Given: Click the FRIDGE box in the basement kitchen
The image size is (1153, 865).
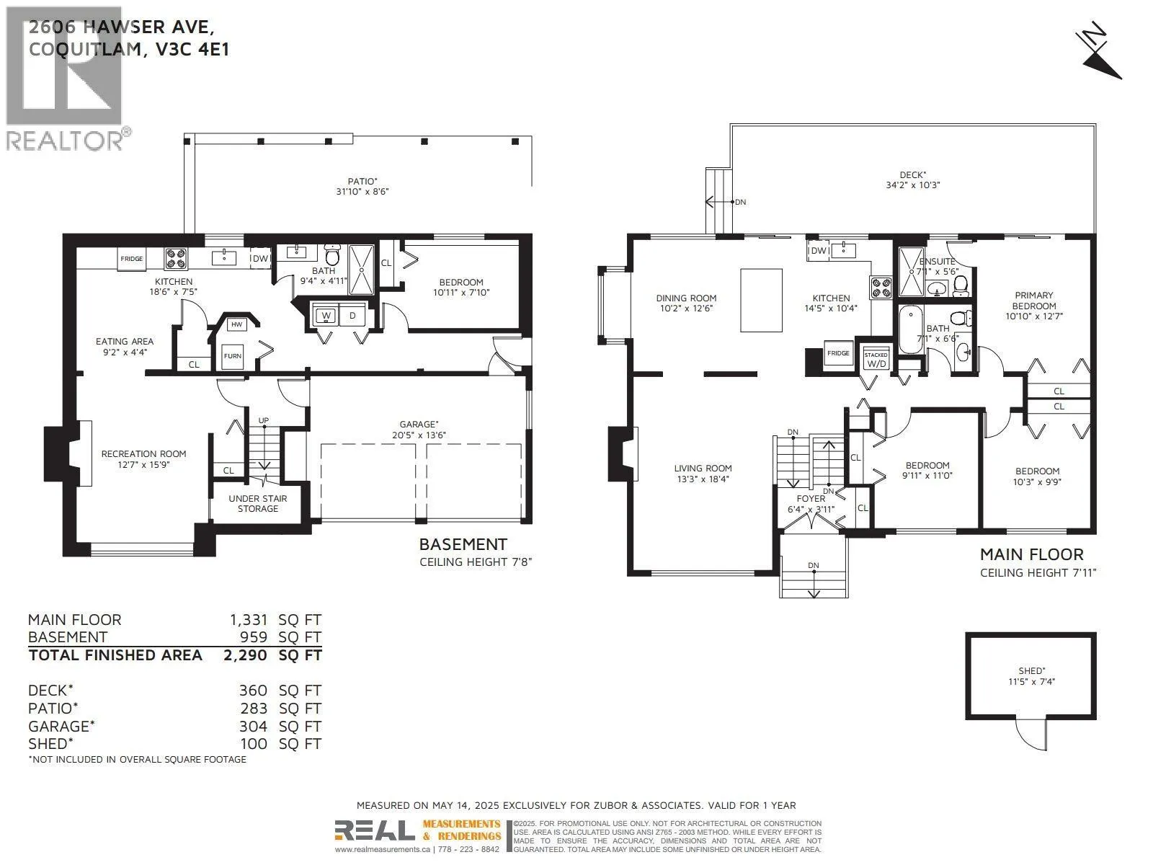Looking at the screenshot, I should (x=132, y=259).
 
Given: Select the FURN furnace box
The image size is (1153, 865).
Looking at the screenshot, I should (x=232, y=356).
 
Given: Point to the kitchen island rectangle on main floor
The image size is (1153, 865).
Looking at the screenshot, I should (x=762, y=300).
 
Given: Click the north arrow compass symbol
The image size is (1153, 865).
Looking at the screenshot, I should (x=1100, y=56).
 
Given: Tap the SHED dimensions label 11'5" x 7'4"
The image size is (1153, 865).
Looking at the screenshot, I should (x=1032, y=681).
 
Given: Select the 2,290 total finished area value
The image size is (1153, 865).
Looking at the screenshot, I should (x=248, y=655).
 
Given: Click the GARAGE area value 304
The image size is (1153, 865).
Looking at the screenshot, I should (x=254, y=727).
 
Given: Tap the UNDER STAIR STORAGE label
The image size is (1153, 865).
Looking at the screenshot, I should (x=258, y=503).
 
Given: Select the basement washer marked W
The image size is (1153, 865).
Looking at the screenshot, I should (x=326, y=316).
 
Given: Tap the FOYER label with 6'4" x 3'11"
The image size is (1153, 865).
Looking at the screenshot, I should (x=811, y=504).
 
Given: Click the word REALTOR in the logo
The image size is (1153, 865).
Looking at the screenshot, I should (x=65, y=140).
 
